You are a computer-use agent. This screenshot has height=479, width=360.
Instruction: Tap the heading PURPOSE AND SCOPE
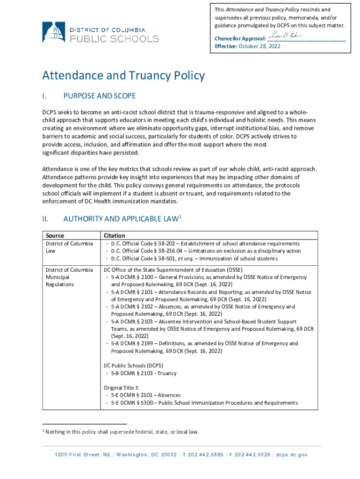[99, 96]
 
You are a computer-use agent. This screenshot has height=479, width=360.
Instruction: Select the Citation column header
[114, 236]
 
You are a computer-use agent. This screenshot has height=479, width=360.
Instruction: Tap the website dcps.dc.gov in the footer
[291, 455]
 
